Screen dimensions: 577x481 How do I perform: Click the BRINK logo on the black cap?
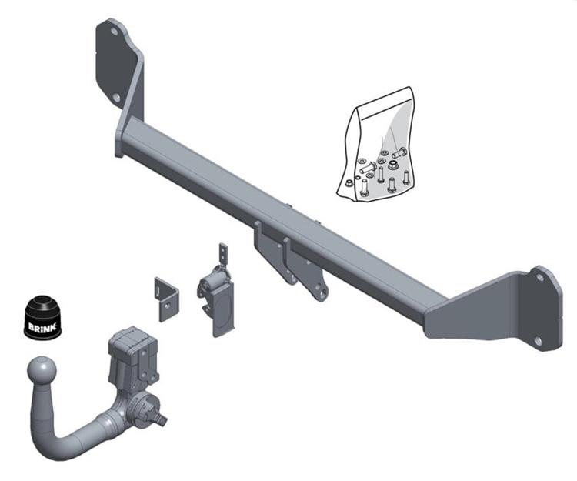pyautogui.click(x=42, y=326)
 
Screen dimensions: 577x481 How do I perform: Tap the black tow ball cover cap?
pyautogui.click(x=42, y=316)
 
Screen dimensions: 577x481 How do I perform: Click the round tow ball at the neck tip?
pyautogui.click(x=42, y=370)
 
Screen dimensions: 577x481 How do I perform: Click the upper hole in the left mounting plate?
pyautogui.click(x=115, y=32)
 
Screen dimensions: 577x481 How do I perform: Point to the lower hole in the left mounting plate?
pyautogui.click(x=116, y=98)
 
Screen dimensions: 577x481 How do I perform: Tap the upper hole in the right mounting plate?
pyautogui.click(x=539, y=277)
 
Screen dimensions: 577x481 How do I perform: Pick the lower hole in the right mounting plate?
pyautogui.click(x=538, y=341)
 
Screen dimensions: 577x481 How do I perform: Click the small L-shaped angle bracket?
pyautogui.click(x=166, y=299)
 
